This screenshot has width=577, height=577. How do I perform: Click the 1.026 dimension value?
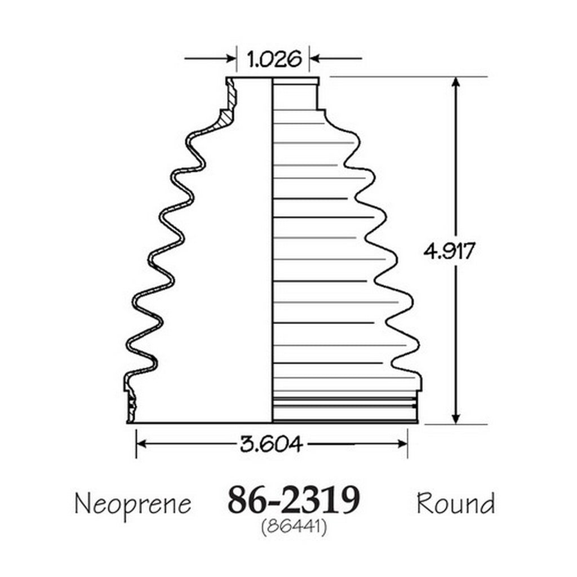274,59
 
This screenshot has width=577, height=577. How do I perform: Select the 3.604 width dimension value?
272,444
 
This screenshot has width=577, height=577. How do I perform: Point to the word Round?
455,503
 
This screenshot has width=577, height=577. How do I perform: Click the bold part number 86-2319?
293,500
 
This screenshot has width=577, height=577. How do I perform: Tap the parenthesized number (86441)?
294,527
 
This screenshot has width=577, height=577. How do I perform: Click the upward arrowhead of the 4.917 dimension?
455,82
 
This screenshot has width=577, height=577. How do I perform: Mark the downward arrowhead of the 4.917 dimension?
455,418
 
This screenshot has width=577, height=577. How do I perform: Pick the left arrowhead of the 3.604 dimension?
142,444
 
